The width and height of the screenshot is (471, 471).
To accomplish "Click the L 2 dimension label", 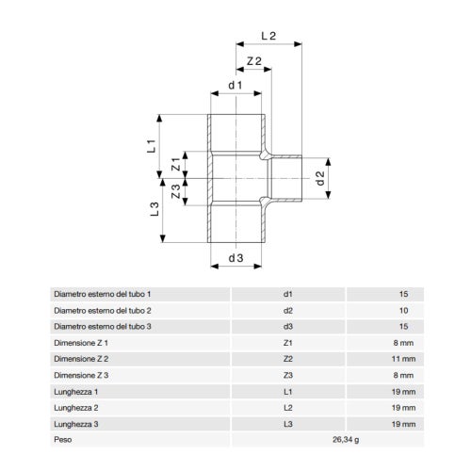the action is coord(268,36).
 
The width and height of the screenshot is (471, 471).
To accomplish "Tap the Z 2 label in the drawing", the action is coord(254,61).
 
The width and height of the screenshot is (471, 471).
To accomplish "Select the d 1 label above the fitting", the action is coord(235,85).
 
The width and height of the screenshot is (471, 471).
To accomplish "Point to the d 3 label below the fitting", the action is coord(235,258).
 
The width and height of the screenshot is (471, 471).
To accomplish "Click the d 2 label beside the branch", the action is coord(320,178).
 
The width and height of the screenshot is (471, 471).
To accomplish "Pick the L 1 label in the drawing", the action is coord(152,146).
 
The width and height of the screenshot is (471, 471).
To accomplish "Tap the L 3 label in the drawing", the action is coord(154,209).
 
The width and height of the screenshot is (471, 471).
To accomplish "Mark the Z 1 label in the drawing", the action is coord(176,164).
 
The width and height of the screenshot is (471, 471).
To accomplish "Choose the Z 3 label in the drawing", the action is coord(176,191).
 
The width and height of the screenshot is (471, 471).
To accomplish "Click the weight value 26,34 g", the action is coord(346,440).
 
